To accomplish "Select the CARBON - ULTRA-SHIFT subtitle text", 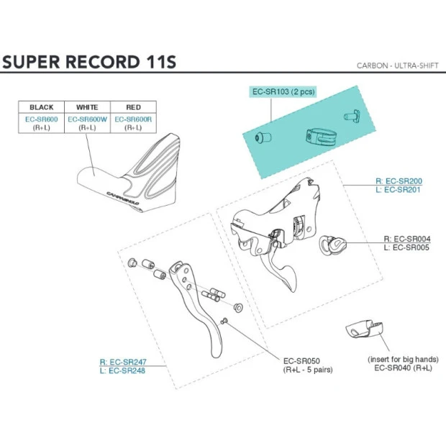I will pyautogui.click(x=397, y=65).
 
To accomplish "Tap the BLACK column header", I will pyautogui.click(x=41, y=107).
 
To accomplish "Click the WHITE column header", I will pyautogui.click(x=87, y=107).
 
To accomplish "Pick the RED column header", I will pyautogui.click(x=133, y=107).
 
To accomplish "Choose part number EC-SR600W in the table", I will pyautogui.click(x=87, y=119).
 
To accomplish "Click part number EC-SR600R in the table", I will pyautogui.click(x=133, y=119).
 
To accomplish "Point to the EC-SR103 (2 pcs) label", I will pyautogui.click(x=283, y=92).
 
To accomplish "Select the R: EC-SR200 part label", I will pyautogui.click(x=399, y=181).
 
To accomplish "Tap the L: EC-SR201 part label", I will pyautogui.click(x=399, y=190).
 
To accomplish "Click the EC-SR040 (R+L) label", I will pyautogui.click(x=404, y=368).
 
